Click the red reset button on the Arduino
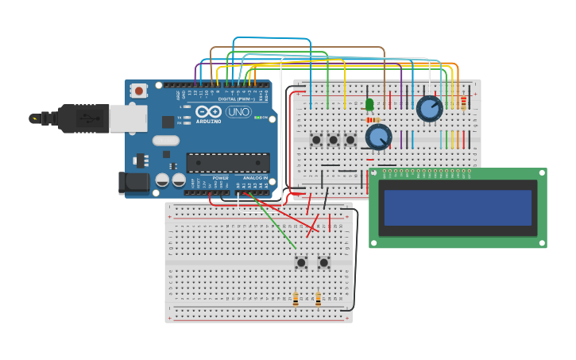point(139,91)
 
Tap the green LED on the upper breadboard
point(369,104)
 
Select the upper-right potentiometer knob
point(429,108)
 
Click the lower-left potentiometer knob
point(378,137)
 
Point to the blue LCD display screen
point(458,207)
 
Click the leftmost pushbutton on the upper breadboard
point(316,140)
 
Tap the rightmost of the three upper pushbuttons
point(350,140)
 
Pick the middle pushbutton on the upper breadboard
point(334,140)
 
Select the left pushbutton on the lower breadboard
point(301,262)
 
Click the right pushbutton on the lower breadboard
point(324,262)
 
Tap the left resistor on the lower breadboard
point(296,300)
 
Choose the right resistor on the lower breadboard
point(318,300)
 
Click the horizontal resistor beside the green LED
point(373,120)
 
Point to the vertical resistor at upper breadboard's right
point(463,103)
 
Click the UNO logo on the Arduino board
point(238,112)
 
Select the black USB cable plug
point(79,118)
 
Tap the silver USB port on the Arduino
point(127,118)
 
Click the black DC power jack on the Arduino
point(133,183)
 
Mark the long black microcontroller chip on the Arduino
point(228,162)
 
